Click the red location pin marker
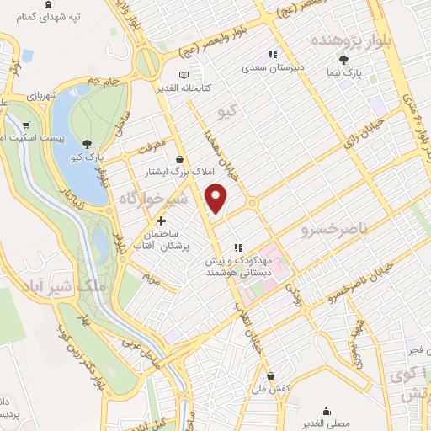pyautogui.click(x=217, y=199)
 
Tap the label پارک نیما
pyautogui.click(x=345, y=74)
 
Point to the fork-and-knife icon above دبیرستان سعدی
pyautogui.click(x=272, y=54)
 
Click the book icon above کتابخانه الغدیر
pyautogui.click(x=161, y=87)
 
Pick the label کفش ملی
pyautogui.click(x=269, y=389)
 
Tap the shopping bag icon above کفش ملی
pyautogui.click(x=269, y=375)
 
